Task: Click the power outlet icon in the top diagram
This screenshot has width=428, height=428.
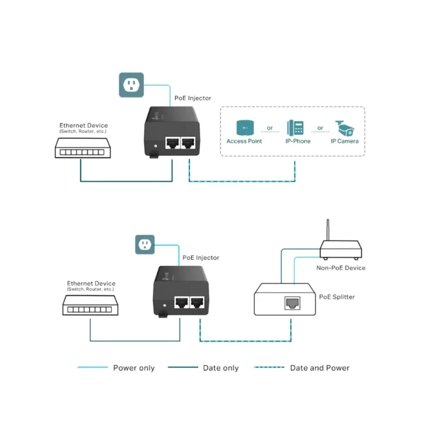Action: pyautogui.click(x=131, y=85)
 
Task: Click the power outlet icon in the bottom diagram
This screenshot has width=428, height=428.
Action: pyautogui.click(x=146, y=245)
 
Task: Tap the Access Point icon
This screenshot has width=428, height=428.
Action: pyautogui.click(x=245, y=128)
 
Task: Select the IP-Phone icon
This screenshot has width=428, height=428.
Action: pyautogui.click(x=295, y=128)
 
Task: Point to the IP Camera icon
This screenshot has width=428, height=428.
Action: pyautogui.click(x=344, y=128)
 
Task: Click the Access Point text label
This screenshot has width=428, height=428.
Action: pyautogui.click(x=245, y=141)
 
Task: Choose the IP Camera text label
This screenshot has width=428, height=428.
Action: pyautogui.click(x=345, y=141)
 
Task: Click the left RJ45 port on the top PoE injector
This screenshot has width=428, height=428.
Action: pyautogui.click(x=173, y=144)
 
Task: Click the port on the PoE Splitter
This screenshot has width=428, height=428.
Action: pyautogui.click(x=291, y=302)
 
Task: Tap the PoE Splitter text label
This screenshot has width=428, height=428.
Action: pyautogui.click(x=337, y=297)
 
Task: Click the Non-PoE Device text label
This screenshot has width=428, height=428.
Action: pyautogui.click(x=341, y=268)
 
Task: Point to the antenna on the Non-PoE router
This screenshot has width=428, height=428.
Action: pyautogui.click(x=327, y=229)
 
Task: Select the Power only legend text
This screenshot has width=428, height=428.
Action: pyautogui.click(x=134, y=368)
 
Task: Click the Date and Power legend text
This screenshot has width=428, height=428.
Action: pyautogui.click(x=320, y=368)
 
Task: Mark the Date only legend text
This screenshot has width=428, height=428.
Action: pyautogui.click(x=221, y=368)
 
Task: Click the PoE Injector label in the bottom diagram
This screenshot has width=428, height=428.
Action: pyautogui.click(x=201, y=258)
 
